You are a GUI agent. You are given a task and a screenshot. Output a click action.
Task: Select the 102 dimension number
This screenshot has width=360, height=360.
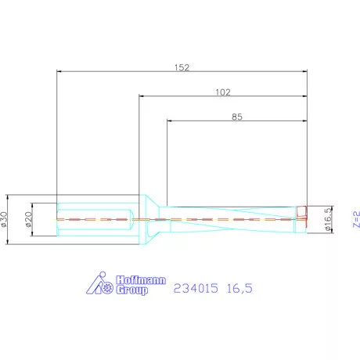tap(222, 92)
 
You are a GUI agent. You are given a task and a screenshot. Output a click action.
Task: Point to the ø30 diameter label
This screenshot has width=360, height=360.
tap(6, 219)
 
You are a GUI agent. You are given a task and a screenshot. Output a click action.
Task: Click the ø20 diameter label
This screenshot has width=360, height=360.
tap(28, 219)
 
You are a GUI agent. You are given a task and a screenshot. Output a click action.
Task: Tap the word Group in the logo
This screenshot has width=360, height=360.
tap(133, 290)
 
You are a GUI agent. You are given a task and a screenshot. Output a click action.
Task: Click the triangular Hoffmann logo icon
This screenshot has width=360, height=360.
tap(102, 286)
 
